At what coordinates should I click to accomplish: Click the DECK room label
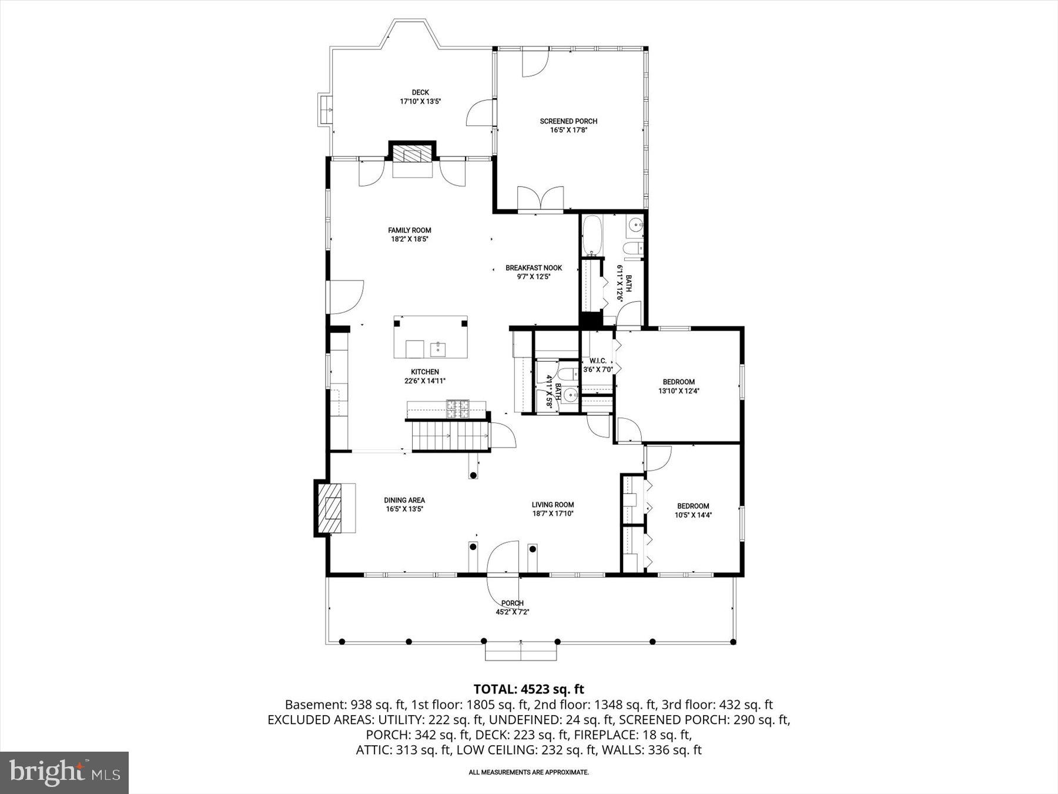pyautogui.click(x=420, y=92)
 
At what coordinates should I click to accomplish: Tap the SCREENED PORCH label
pyautogui.click(x=568, y=121)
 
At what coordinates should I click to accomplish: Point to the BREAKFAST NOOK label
pyautogui.click(x=534, y=268)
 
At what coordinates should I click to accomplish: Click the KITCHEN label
pyautogui.click(x=424, y=372)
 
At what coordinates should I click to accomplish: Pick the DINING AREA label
pyautogui.click(x=404, y=501)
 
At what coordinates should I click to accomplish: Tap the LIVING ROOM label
pyautogui.click(x=553, y=505)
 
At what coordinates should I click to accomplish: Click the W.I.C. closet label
pyautogui.click(x=597, y=361)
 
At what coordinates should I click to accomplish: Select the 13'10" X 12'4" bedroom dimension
pyautogui.click(x=678, y=391)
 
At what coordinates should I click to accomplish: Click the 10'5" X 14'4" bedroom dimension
pyautogui.click(x=693, y=515)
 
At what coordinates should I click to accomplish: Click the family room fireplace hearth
pyautogui.click(x=412, y=155)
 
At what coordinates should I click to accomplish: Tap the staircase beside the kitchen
pyautogui.click(x=450, y=436)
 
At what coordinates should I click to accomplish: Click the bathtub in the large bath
pyautogui.click(x=592, y=235)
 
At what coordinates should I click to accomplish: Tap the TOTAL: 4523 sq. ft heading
pyautogui.click(x=528, y=689)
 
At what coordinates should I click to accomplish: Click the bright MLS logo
pyautogui.click(x=65, y=772)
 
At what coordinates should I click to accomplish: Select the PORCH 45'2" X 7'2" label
pyautogui.click(x=513, y=607)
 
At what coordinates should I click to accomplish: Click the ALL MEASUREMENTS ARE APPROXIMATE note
pyautogui.click(x=528, y=772)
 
